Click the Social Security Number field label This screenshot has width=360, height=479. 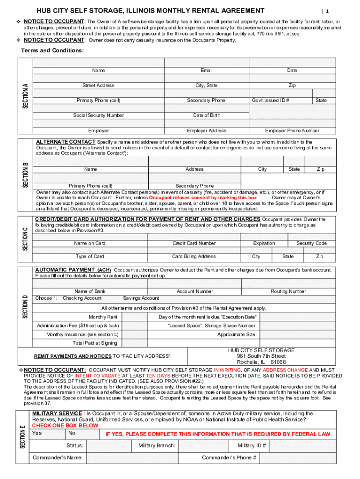[x=99, y=115]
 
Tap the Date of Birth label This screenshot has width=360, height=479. [x=206, y=115]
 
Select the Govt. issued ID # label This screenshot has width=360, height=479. [x=270, y=100]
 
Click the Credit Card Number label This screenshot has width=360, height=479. [x=194, y=243]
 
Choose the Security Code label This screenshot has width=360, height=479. [x=311, y=243]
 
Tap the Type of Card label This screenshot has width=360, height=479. [x=90, y=256]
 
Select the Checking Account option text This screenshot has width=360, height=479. [x=82, y=298]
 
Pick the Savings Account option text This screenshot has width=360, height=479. [x=141, y=298]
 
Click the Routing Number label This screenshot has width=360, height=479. [x=288, y=291]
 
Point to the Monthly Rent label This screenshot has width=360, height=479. [x=103, y=317]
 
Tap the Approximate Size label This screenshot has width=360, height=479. [x=237, y=334]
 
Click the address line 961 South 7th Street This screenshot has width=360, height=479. [x=261, y=356]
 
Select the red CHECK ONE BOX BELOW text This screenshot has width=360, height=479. [x=65, y=426]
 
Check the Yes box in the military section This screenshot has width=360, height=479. [x=47, y=434]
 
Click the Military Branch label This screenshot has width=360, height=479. [x=157, y=445]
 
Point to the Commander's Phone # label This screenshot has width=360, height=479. [x=229, y=457]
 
